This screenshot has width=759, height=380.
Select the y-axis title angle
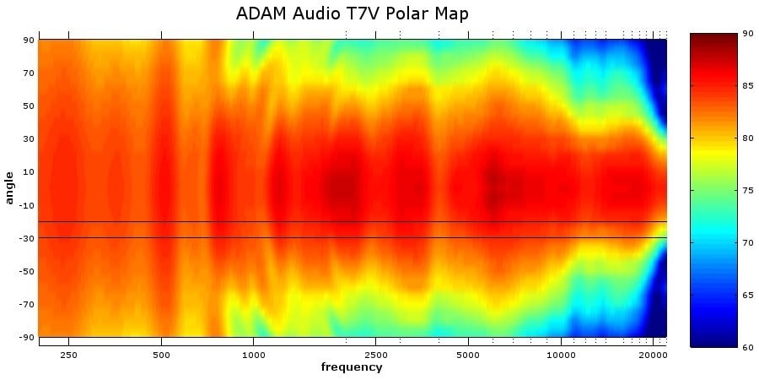point(9,187)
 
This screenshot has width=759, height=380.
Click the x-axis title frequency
point(352,367)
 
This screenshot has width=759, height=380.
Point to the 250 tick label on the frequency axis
point(69,356)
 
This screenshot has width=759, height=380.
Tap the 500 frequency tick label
point(161,356)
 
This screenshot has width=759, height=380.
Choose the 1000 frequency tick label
point(254,356)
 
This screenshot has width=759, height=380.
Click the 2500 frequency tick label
point(376,356)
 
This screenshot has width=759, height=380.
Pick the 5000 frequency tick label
point(468,356)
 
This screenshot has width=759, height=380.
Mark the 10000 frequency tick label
point(561,356)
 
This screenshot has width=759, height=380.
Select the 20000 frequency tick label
point(653,356)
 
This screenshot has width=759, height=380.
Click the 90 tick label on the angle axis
point(28,40)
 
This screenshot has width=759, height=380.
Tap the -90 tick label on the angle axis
point(26,337)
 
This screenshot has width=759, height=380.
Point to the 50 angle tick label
point(28,106)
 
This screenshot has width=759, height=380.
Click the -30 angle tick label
point(26,238)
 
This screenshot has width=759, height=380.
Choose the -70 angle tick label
point(26,304)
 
